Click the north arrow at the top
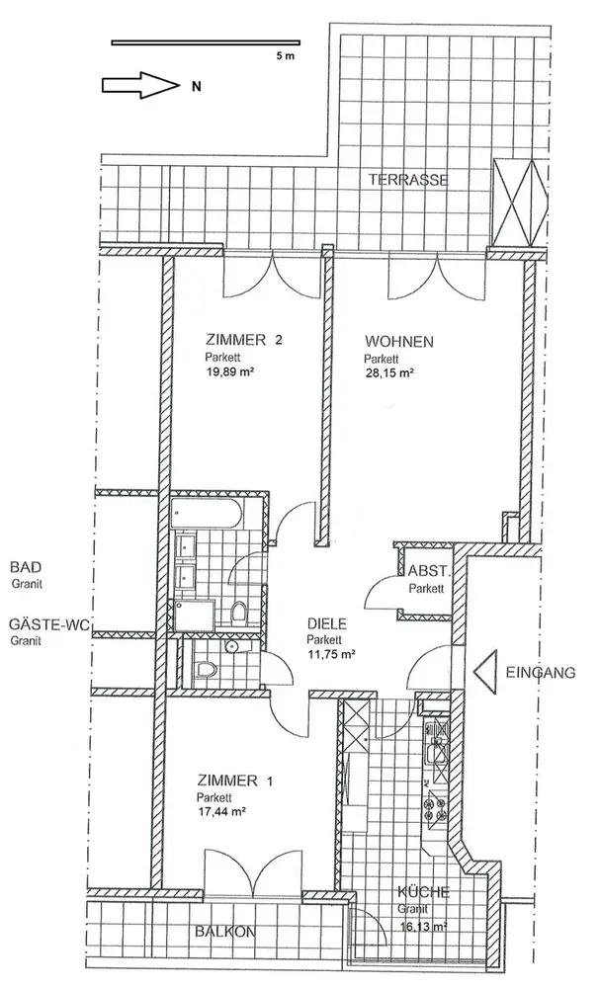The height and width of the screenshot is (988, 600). pyautogui.click(x=137, y=84)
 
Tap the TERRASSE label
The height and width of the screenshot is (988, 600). pyautogui.click(x=408, y=181)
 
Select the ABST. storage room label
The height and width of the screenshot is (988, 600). pyautogui.click(x=429, y=572)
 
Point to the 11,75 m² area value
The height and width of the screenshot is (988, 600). pyautogui.click(x=330, y=654)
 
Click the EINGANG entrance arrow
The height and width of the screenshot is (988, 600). pyautogui.click(x=485, y=674)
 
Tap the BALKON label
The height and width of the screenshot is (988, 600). pyautogui.click(x=223, y=931)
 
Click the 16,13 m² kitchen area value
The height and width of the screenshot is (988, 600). pyautogui.click(x=422, y=928)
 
